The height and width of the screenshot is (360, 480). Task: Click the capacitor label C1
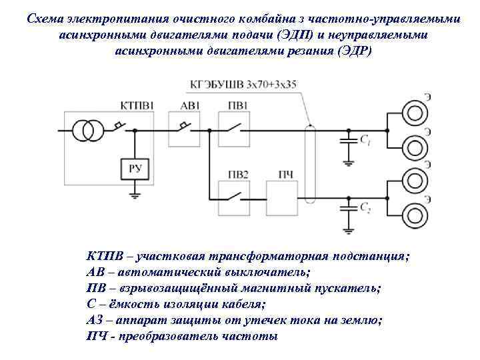tap(365, 140)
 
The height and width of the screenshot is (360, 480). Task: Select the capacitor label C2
tap(365, 209)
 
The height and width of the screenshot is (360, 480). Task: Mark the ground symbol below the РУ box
tap(135, 195)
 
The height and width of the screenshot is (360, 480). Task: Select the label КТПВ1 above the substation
tap(138, 105)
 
